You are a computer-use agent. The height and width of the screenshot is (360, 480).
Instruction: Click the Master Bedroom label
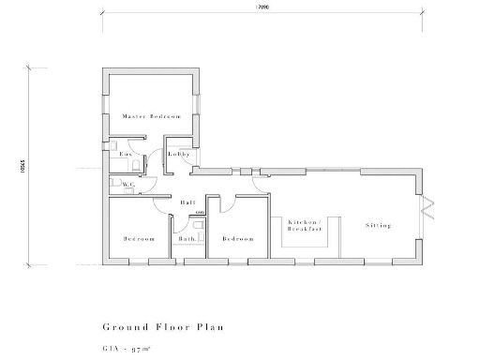click(x=151, y=116)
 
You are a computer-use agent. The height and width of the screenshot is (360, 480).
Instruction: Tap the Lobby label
click(x=179, y=153)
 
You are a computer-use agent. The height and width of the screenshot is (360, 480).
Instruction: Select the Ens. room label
click(x=124, y=153)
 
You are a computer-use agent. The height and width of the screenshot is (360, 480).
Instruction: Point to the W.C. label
click(x=129, y=185)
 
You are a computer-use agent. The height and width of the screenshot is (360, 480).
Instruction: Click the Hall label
click(x=187, y=202)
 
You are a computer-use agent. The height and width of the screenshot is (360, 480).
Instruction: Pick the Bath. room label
click(x=186, y=239)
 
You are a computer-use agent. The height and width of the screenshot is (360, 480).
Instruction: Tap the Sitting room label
click(x=378, y=226)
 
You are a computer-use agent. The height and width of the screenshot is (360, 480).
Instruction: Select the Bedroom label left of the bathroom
click(x=138, y=239)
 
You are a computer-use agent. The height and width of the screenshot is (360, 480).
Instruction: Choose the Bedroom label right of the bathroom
click(x=238, y=239)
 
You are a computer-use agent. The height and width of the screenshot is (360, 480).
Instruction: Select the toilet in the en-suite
click(x=136, y=166)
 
